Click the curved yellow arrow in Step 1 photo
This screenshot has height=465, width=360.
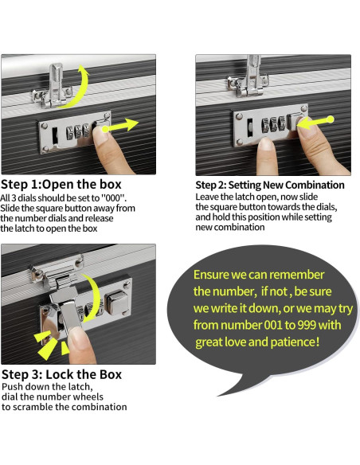coord(84,89)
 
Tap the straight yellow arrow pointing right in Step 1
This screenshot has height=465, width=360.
coord(120,126)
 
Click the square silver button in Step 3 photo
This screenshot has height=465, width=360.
coord(116,302)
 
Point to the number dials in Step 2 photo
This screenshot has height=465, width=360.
coord(273,124)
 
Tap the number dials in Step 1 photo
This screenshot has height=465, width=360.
coord(78,131)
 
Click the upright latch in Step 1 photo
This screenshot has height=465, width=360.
coord(55,85)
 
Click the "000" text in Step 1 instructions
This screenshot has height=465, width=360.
coord(114,197)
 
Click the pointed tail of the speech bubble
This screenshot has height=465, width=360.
coord(217,396)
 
